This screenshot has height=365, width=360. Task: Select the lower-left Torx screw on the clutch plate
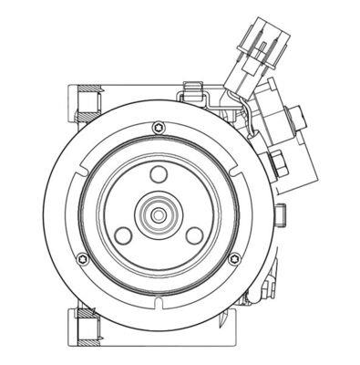(84, 258)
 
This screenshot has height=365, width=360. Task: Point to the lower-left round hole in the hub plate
(124, 236)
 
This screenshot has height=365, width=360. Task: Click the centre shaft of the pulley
(159, 215)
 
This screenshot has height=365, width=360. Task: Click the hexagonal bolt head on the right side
(273, 165)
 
